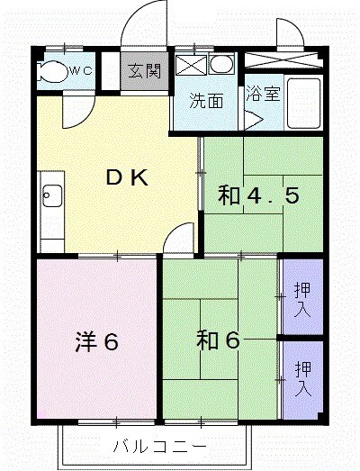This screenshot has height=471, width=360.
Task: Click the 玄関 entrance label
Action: (x=144, y=71)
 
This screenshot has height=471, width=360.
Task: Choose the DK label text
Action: (x=126, y=178)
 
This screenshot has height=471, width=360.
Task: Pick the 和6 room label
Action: (x=219, y=341)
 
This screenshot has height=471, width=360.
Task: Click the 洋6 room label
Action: (x=97, y=342)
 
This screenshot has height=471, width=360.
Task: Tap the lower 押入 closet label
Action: (x=302, y=378)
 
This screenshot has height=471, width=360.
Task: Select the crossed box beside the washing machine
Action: (x=190, y=66)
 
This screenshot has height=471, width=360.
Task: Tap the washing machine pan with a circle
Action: (x=220, y=66)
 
